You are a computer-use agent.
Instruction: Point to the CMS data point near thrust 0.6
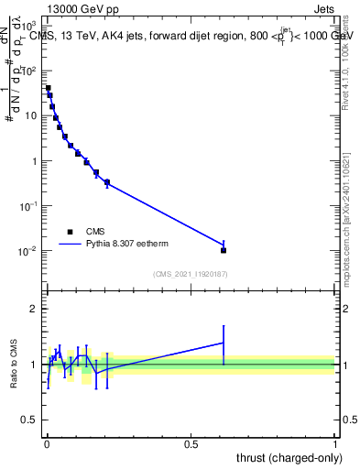(x=224, y=250)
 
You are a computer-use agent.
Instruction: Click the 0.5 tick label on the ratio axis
(x=31, y=420)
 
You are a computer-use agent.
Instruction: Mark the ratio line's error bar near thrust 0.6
(x=224, y=343)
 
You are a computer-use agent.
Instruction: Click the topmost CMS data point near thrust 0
(x=48, y=88)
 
